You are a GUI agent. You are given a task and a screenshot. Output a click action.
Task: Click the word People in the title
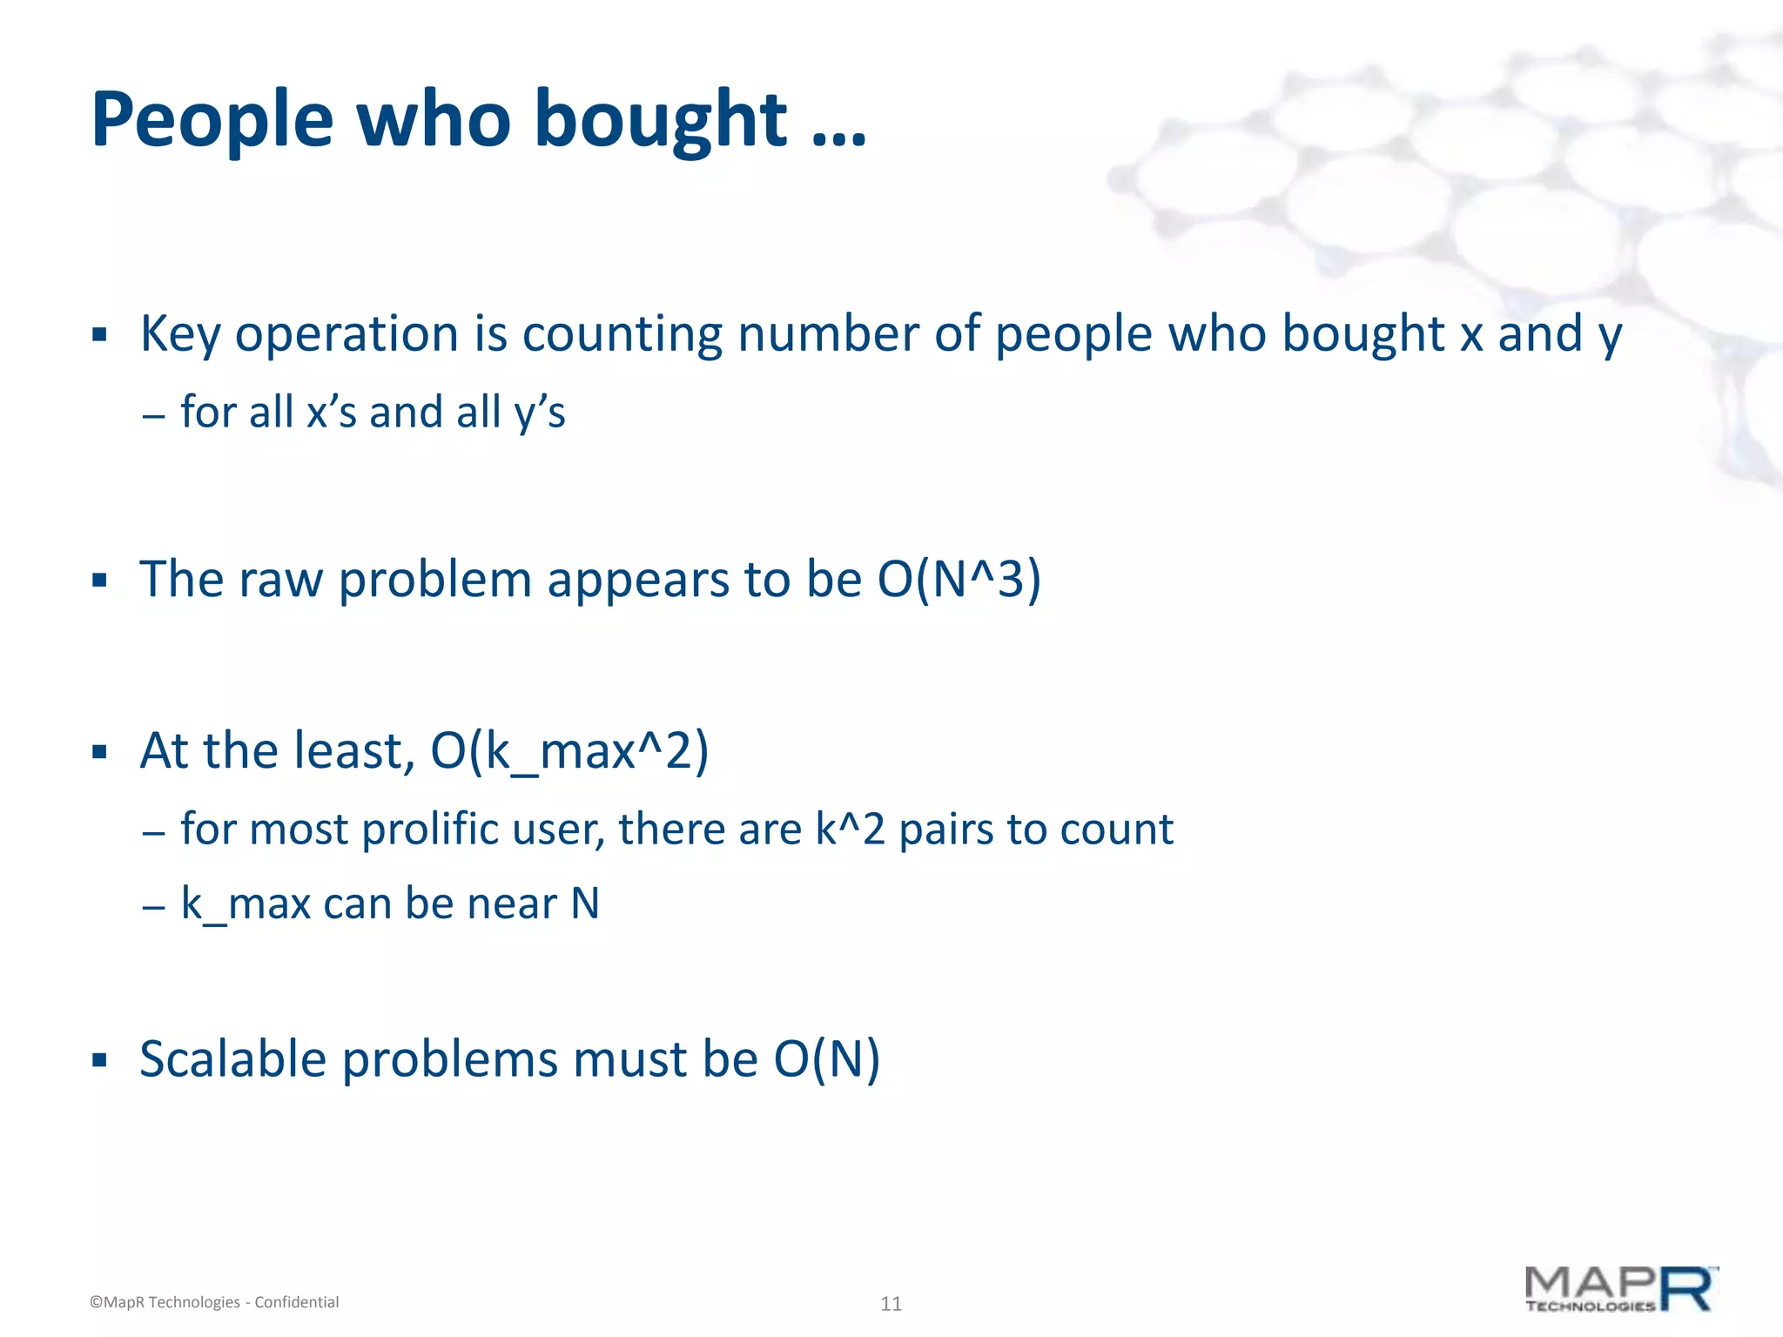click(x=212, y=120)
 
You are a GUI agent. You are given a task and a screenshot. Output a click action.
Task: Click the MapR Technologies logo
click(x=1621, y=1290)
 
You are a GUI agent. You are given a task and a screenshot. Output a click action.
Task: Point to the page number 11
click(x=891, y=1304)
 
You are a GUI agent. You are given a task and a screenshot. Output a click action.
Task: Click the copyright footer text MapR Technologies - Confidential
click(x=214, y=1302)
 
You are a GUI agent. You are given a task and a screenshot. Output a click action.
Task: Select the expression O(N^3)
click(x=959, y=580)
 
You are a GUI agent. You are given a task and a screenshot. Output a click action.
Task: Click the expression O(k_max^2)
click(x=569, y=751)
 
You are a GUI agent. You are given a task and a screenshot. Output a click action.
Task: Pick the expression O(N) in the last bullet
click(x=826, y=1060)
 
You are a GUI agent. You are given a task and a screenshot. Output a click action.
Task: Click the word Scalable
click(x=232, y=1060)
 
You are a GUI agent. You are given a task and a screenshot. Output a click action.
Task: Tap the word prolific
click(x=431, y=830)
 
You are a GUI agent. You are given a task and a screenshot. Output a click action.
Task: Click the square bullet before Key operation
click(x=99, y=335)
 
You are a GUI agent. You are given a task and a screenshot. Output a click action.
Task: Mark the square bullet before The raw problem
click(x=99, y=581)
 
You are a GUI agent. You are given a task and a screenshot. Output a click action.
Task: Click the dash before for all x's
click(x=153, y=415)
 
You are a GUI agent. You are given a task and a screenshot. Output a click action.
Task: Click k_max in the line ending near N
click(x=246, y=904)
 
